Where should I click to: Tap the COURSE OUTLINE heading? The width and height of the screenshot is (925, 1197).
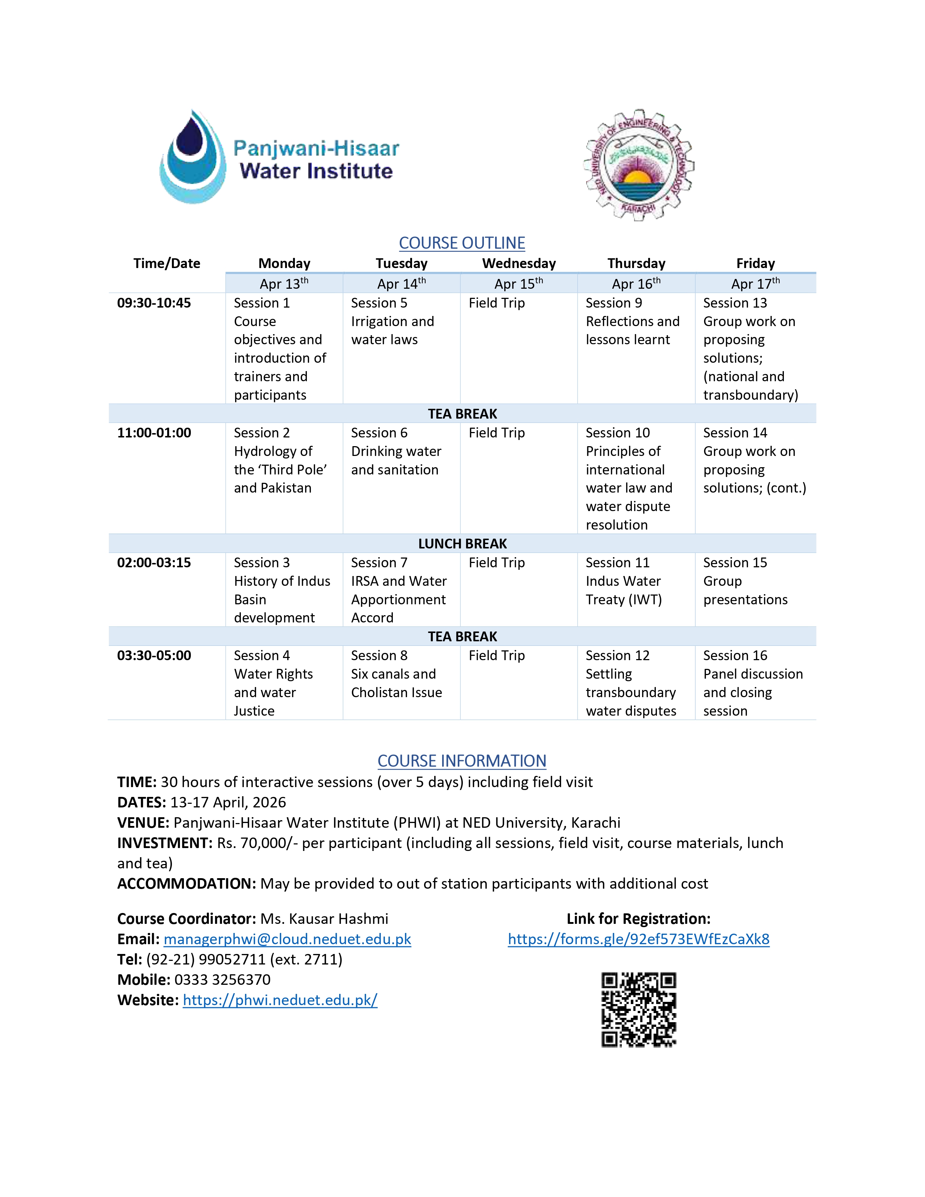pyautogui.click(x=462, y=243)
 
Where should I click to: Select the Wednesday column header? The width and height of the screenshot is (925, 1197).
pyautogui.click(x=519, y=264)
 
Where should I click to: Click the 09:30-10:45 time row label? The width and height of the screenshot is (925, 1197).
pyautogui.click(x=154, y=303)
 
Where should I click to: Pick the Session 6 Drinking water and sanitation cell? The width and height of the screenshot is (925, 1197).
pyautogui.click(x=396, y=451)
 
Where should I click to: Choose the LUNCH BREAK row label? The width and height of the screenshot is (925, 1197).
pyautogui.click(x=462, y=544)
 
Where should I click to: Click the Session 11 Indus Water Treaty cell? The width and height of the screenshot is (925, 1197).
pyautogui.click(x=624, y=581)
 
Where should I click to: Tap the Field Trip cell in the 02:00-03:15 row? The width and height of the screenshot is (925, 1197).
pyautogui.click(x=497, y=563)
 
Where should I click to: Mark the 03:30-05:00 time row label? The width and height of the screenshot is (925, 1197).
pyautogui.click(x=154, y=655)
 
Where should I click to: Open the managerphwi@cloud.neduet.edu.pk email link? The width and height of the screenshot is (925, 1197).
pyautogui.click(x=287, y=939)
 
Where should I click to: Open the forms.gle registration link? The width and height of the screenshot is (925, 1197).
pyautogui.click(x=638, y=939)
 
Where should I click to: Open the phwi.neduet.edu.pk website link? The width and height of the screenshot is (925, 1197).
pyautogui.click(x=280, y=1000)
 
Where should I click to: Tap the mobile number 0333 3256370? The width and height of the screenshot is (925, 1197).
pyautogui.click(x=222, y=980)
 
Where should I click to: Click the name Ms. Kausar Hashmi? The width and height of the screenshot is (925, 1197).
pyautogui.click(x=324, y=919)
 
